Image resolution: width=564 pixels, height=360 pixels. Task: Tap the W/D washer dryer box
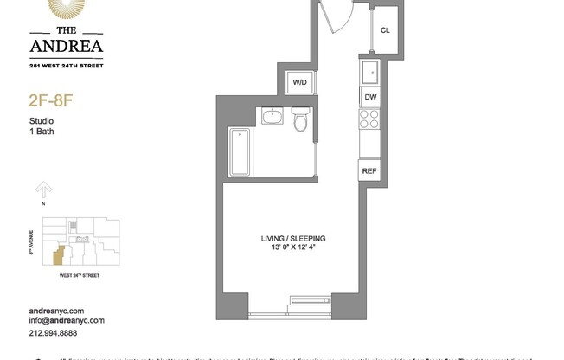tap(300, 82)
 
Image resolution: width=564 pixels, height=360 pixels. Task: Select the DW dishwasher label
tap(370, 97)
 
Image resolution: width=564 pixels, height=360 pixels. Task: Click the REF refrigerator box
tap(369, 170)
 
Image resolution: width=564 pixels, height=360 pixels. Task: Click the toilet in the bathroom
tap(300, 120)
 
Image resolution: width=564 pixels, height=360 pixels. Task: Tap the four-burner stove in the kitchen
tap(369, 122)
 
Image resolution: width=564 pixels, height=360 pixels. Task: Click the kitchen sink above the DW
tap(369, 72)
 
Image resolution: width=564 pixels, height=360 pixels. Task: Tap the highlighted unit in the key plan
tap(58, 256)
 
